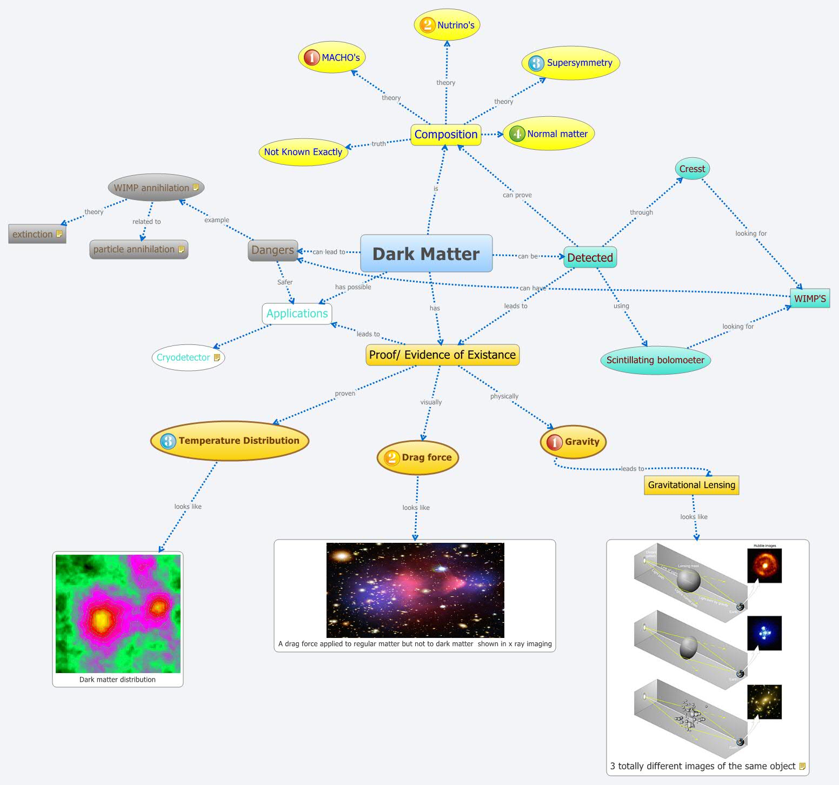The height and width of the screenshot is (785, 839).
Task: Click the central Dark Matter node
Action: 426,254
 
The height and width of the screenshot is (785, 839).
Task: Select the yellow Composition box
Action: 446,135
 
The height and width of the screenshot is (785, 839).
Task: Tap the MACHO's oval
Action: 332,57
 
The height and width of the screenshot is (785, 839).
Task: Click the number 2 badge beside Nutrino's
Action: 427,25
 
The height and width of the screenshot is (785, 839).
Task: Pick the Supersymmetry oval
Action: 571,63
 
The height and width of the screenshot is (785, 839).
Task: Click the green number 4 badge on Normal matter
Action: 517,134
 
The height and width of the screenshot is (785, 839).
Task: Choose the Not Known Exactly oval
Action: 303,152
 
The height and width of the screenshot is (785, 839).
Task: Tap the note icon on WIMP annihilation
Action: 196,188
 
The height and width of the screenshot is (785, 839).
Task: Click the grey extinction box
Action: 37,234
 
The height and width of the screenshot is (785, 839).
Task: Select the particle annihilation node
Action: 138,249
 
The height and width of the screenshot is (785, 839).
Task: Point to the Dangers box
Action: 272,250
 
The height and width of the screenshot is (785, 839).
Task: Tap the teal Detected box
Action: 590,257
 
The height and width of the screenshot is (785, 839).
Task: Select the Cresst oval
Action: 692,169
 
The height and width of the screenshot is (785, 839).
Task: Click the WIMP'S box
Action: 809,298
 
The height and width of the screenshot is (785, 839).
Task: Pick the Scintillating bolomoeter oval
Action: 655,360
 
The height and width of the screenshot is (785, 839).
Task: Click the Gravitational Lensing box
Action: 691,485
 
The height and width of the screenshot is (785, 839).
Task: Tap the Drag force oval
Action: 418,457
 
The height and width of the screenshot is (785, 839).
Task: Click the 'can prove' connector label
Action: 517,195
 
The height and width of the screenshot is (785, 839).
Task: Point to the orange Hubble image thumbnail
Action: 764,566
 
